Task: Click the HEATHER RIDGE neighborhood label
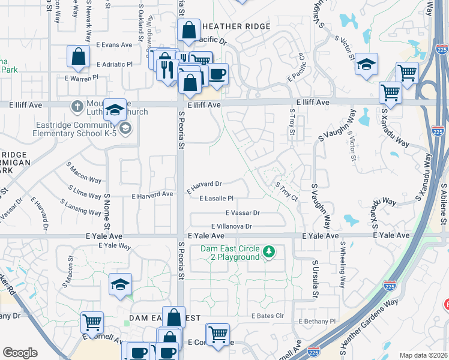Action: pos(237,26)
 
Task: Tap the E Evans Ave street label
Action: pos(113,45)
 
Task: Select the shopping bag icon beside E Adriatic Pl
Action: pos(79,57)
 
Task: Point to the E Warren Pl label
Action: pos(82,78)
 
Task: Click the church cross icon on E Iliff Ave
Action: pos(77,107)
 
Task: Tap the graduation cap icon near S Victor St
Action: pos(366,65)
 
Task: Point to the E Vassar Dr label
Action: pos(243,213)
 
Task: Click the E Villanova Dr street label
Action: pos(226,226)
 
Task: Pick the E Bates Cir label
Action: pos(267,316)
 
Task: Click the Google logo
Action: pos(20,353)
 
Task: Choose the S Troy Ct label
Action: pos(286,192)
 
